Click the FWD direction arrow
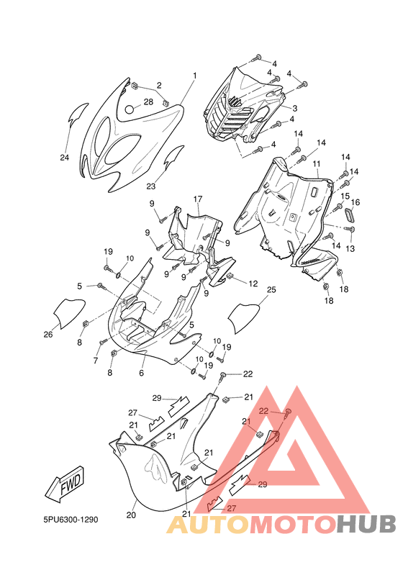tap(65, 484)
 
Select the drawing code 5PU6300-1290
tap(71, 520)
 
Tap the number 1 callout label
tap(195, 76)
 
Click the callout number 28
tap(148, 101)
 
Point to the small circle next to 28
tap(130, 109)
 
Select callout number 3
tap(295, 108)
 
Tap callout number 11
tap(317, 164)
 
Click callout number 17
tap(198, 199)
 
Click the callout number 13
tap(350, 248)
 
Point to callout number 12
tap(253, 284)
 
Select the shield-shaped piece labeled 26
tap(69, 312)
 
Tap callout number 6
tap(142, 373)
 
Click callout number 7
tap(96, 361)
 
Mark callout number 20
tap(131, 515)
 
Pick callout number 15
tap(345, 196)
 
